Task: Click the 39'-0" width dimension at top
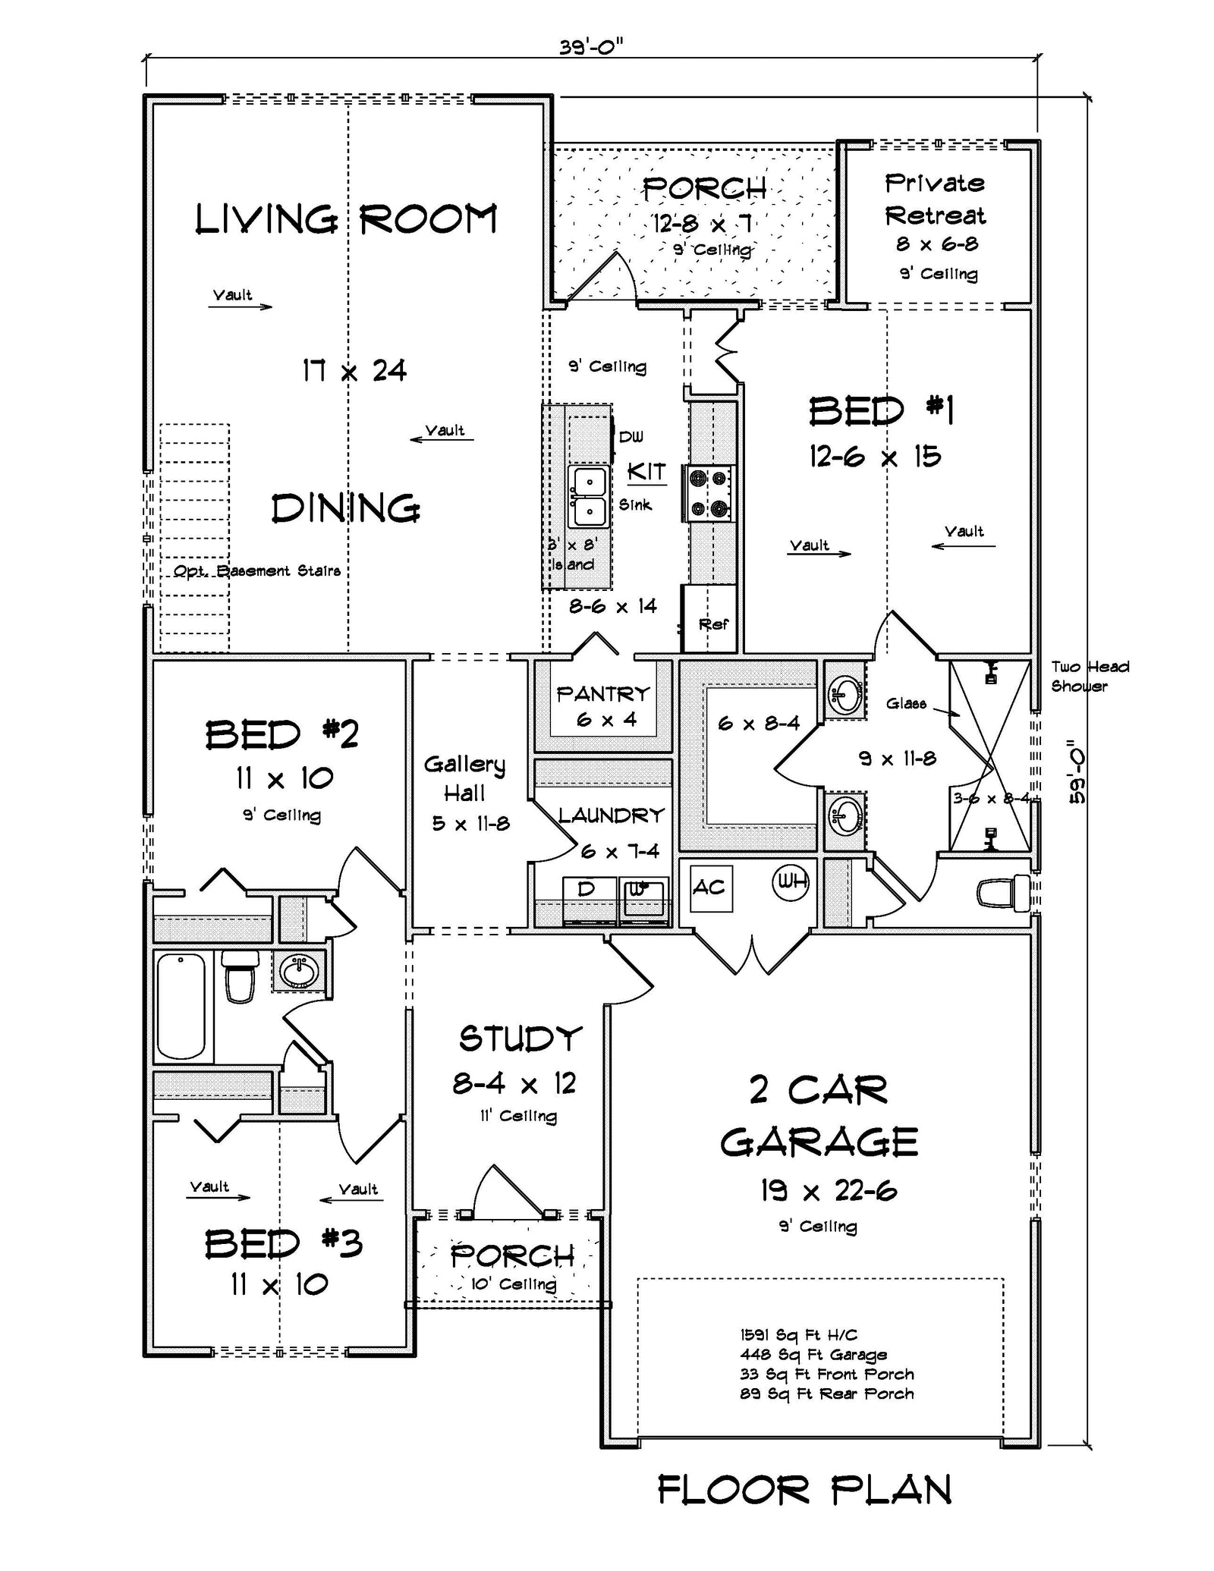coord(591,47)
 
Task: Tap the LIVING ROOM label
coord(346,220)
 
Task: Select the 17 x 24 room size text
coord(354,371)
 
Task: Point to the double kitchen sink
coord(589,497)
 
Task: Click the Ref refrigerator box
coord(711,619)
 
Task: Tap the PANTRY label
coord(603,694)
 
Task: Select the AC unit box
coord(710,888)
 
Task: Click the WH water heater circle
coord(791,882)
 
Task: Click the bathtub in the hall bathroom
coord(181,1006)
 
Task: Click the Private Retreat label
coord(935,200)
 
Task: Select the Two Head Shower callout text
coord(1089,676)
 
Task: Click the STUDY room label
coord(521,1038)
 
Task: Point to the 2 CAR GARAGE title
coord(819,1116)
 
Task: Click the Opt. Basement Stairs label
coord(256,571)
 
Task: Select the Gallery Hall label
coord(464,778)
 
